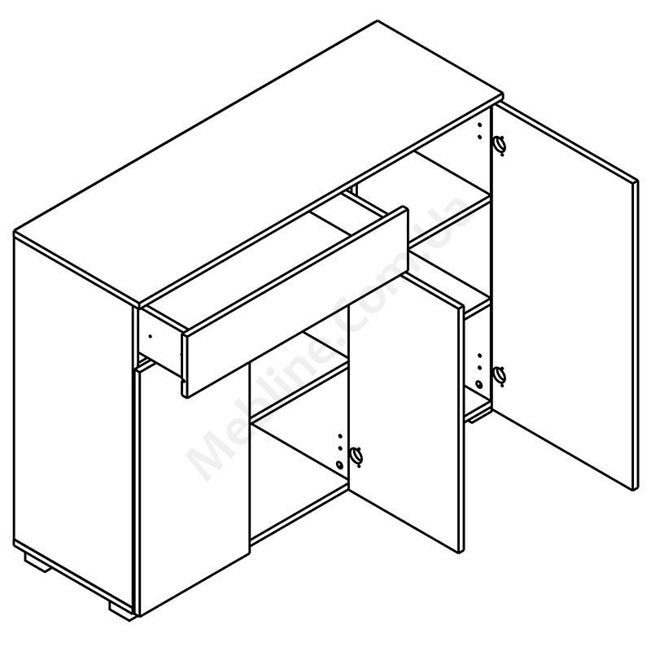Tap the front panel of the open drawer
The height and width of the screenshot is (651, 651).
click(295, 302)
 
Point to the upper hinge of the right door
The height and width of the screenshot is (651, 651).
click(500, 145)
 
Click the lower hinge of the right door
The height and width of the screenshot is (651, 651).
click(500, 376)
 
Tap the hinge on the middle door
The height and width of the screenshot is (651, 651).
click(356, 456)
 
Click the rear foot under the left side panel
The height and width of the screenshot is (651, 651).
click(38, 563)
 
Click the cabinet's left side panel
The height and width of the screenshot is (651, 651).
click(73, 440)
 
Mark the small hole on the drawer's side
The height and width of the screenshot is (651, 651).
click(151, 336)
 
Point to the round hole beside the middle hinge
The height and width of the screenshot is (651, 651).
click(340, 464)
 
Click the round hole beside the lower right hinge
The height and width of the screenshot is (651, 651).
click(479, 384)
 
